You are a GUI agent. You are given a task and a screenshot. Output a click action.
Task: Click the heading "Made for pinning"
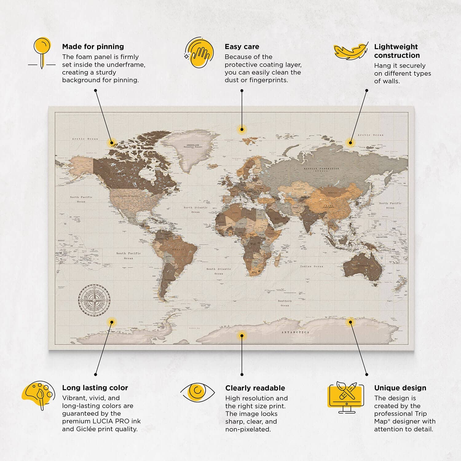point(93,47)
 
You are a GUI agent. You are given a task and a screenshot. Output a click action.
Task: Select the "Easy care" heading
point(242,47)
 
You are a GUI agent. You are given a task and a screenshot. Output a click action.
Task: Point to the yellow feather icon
point(351,51)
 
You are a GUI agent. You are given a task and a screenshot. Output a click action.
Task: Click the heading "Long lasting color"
point(95,388)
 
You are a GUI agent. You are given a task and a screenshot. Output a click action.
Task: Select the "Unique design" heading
point(400,388)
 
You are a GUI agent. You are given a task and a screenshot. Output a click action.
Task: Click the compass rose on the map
point(94,300)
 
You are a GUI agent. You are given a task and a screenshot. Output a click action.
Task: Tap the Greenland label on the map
point(193,146)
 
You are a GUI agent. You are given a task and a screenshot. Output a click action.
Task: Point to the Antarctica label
point(295,332)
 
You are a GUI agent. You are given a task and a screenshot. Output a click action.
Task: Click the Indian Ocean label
point(312,266)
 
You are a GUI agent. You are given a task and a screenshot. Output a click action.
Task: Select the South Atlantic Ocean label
point(219,271)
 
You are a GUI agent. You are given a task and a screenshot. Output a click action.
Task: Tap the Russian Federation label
point(321,169)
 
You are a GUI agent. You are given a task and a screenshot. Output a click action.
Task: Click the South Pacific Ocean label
point(128,256)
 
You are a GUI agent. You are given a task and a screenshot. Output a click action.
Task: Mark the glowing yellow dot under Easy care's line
point(242,129)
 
